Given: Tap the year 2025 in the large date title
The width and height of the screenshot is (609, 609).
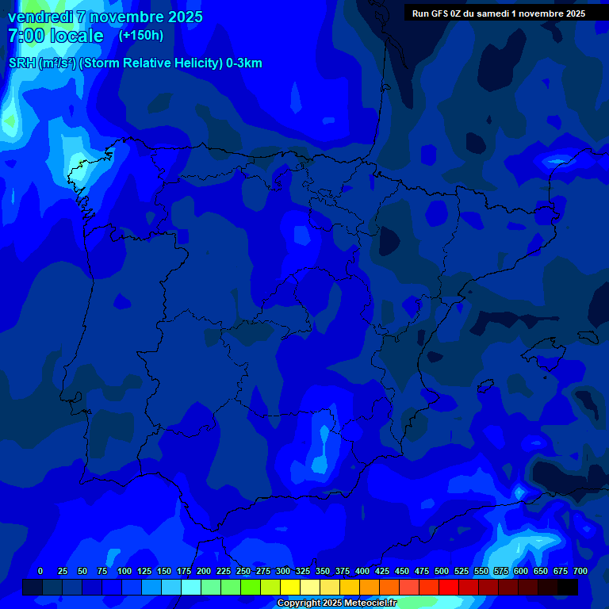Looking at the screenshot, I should (180, 17).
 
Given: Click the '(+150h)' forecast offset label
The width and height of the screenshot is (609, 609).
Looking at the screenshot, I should (141, 36).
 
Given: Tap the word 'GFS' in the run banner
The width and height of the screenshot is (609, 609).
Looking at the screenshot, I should (440, 13).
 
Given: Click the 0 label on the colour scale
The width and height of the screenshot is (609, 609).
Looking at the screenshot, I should (40, 571).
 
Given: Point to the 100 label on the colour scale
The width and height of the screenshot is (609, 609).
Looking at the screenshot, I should (124, 571).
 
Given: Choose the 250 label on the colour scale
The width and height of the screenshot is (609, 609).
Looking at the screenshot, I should (243, 571).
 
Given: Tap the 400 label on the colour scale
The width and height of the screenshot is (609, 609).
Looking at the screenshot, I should (362, 571).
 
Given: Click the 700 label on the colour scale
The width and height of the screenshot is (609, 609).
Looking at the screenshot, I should (580, 571).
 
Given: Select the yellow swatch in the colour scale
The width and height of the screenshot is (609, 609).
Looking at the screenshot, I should (290, 587).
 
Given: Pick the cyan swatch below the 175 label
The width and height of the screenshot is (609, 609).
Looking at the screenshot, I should (190, 587).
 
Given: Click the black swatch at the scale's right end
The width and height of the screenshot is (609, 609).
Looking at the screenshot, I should (568, 587).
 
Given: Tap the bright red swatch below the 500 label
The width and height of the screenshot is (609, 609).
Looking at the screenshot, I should (449, 587).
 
